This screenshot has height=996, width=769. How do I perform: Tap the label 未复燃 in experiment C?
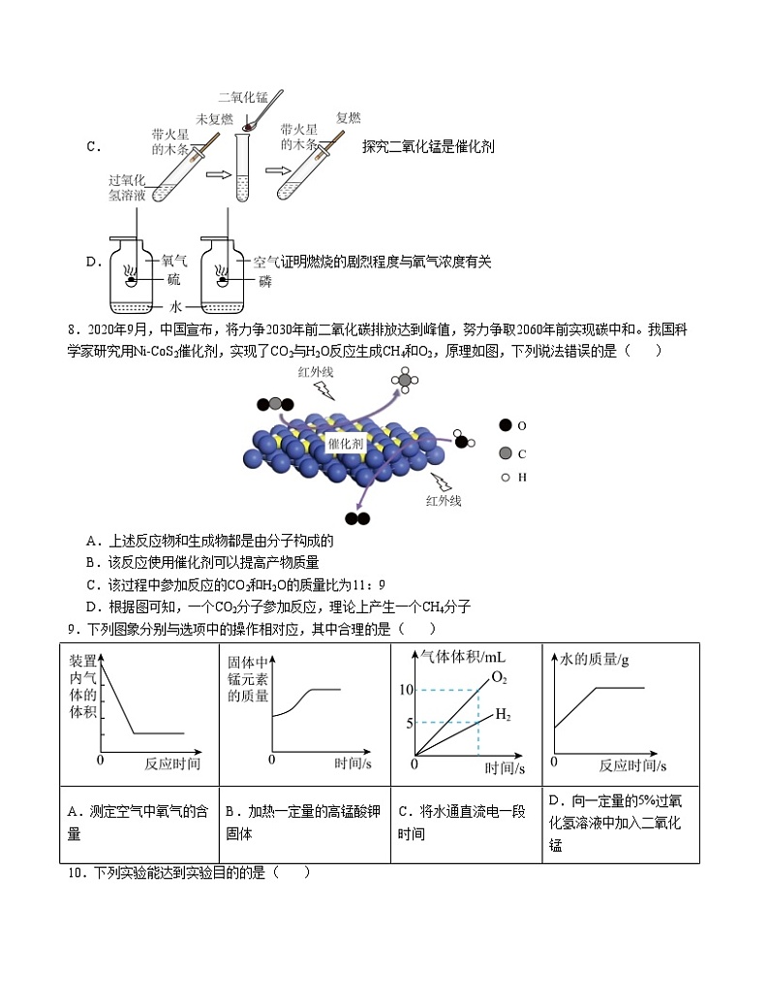point(215,119)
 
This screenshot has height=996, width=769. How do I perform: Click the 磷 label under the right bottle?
point(265,280)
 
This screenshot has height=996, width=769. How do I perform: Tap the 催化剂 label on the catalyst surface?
point(346,443)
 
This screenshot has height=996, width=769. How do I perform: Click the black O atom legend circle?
point(505,425)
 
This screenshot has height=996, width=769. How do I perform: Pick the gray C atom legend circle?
point(505,452)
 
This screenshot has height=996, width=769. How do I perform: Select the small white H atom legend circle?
point(505,477)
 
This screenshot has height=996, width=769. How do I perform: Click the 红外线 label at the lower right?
point(444,501)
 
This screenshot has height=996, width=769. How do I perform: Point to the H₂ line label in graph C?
point(503,715)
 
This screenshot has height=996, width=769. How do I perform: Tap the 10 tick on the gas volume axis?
point(406,689)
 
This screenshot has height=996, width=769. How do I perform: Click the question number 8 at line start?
point(71,329)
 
